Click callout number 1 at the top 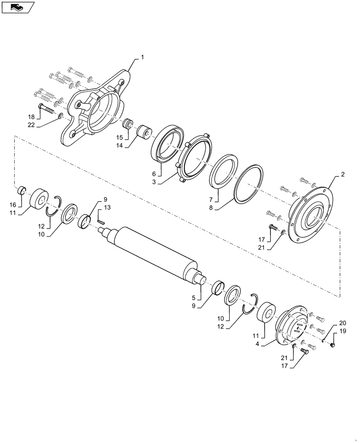143,57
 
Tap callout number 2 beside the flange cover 343,175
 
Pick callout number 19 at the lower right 342,331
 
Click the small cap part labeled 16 20,191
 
